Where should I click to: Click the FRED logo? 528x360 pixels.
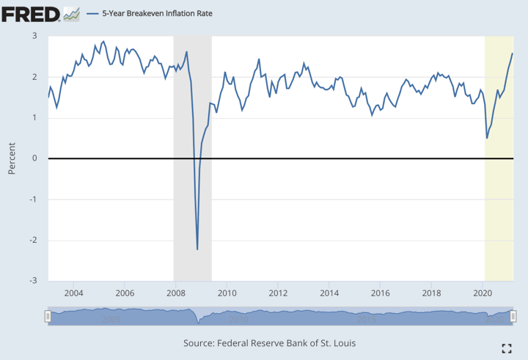pos(31,13)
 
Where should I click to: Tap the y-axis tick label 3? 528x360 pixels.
pos(34,35)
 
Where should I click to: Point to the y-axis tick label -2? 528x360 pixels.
pos(33,240)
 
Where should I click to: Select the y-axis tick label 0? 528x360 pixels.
pos(34,158)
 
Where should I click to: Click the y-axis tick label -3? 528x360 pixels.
pos(33,281)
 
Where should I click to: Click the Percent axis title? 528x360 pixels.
pos(12,158)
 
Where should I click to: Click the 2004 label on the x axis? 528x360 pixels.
pos(73,294)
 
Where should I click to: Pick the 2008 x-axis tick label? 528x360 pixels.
pos(176,294)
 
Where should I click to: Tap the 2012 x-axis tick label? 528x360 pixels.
pos(278,294)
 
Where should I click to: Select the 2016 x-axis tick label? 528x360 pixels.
pos(380,294)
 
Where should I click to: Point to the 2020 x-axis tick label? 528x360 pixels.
pos(483,294)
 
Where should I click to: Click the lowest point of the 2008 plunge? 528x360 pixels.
pos(197,249)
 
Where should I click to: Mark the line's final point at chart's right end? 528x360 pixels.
pos(513,54)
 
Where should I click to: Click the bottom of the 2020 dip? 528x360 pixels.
pos(487,138)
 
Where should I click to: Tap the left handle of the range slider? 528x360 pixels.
pos(48,316)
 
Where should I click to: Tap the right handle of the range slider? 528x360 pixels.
pos(513,316)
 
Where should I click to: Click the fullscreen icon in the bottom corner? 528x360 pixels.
pos(506,348)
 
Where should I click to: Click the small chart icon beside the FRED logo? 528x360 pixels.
pos(71,13)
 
